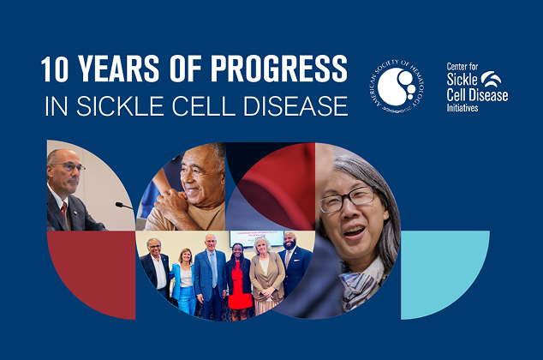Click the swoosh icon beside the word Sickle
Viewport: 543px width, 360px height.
(493, 79)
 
